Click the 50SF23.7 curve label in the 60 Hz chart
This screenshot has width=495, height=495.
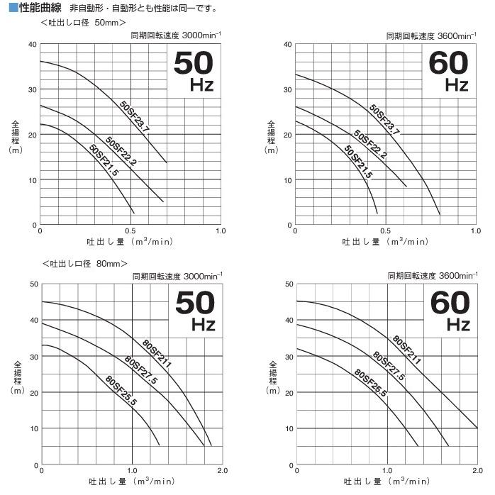coord(384,120)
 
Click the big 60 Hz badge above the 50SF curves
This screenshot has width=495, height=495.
coord(449,71)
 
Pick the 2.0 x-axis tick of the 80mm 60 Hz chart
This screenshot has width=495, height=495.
coord(477,471)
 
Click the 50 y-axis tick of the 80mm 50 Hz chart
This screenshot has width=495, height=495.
coord(34,284)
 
